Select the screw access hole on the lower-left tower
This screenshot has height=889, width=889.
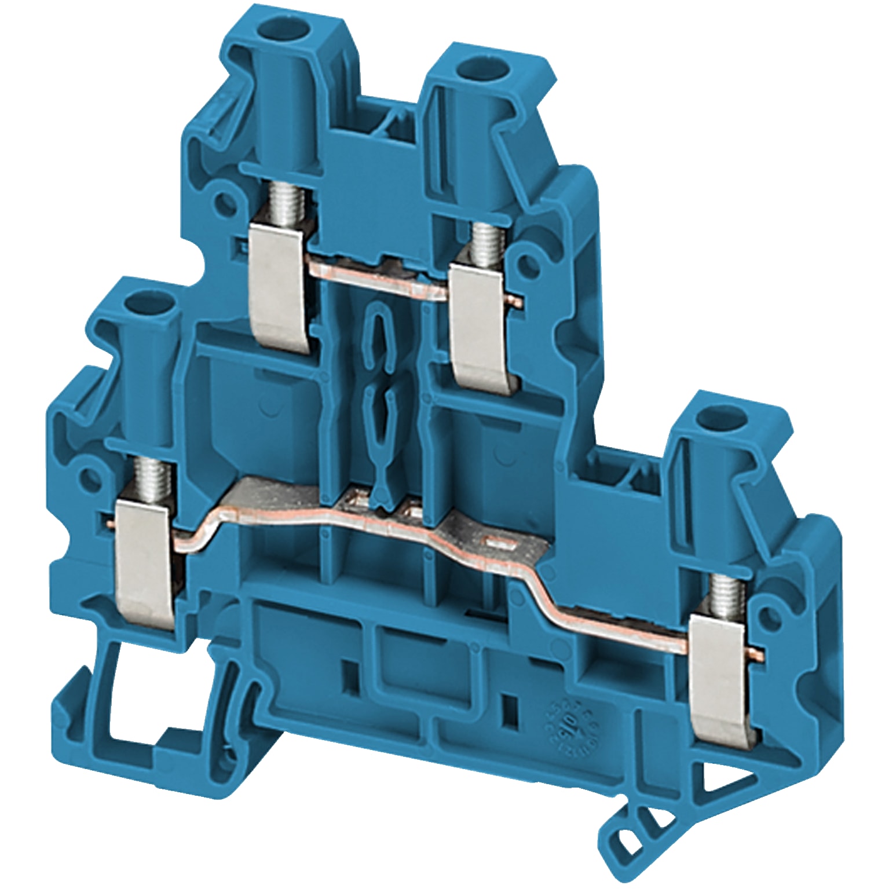click(x=136, y=301)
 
